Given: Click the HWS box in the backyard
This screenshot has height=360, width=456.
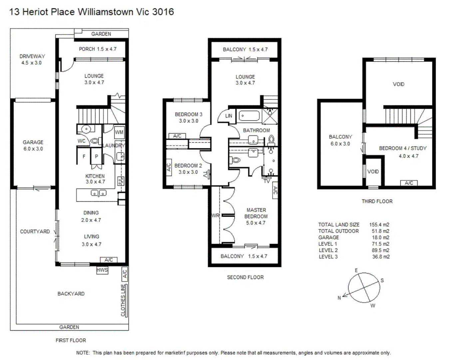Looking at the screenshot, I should (102, 270).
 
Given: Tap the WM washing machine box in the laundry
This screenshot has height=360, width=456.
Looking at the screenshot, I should (119, 132).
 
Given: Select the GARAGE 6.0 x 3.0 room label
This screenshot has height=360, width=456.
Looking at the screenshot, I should (33, 145).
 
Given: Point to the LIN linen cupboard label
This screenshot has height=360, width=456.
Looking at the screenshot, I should (228, 116).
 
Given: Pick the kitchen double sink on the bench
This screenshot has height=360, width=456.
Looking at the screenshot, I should (99, 193).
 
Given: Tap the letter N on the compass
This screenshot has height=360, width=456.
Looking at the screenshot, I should (339, 298).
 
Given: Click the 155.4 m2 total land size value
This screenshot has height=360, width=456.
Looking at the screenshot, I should (379, 225).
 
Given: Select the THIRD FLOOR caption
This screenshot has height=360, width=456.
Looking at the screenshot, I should (377, 201).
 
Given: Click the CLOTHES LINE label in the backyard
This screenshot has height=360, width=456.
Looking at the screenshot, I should (123, 300).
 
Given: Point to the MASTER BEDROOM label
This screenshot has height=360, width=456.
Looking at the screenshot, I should (256, 216).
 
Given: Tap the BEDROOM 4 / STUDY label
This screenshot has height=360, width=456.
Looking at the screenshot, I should (403, 148).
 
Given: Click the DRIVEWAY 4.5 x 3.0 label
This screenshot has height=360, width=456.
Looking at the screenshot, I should (32, 59).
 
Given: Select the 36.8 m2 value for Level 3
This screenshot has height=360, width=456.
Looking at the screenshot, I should (381, 257).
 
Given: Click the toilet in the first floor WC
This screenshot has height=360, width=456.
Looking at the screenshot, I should (95, 141).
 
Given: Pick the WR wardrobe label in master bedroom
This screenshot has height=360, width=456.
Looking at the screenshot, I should (216, 216).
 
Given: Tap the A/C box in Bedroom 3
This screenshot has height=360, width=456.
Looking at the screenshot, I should (177, 136).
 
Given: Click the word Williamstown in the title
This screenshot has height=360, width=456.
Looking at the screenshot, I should (106, 12).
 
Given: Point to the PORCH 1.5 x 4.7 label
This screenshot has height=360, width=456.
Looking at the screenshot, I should (98, 49).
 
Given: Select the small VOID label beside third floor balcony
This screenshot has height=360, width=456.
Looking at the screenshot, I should (373, 172).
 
